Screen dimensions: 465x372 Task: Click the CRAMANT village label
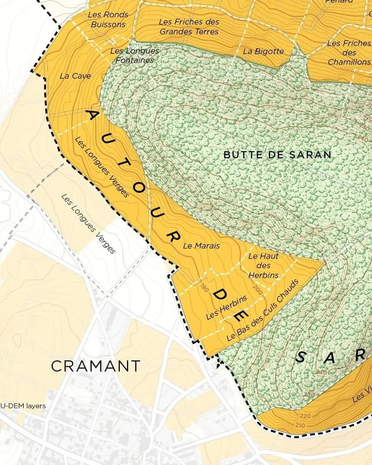point(96,366)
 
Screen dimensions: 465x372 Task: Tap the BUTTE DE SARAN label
point(277,155)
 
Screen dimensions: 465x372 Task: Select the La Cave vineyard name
point(75,76)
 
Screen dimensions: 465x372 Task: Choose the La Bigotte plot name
point(263,51)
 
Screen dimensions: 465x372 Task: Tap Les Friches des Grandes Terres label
point(189,27)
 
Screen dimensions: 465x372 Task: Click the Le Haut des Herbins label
point(263,266)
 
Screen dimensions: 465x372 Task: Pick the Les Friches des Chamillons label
point(349,53)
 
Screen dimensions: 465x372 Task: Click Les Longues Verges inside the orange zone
point(102,167)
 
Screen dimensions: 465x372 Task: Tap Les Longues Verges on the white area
point(89,224)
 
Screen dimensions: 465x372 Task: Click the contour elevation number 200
point(257,288)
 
